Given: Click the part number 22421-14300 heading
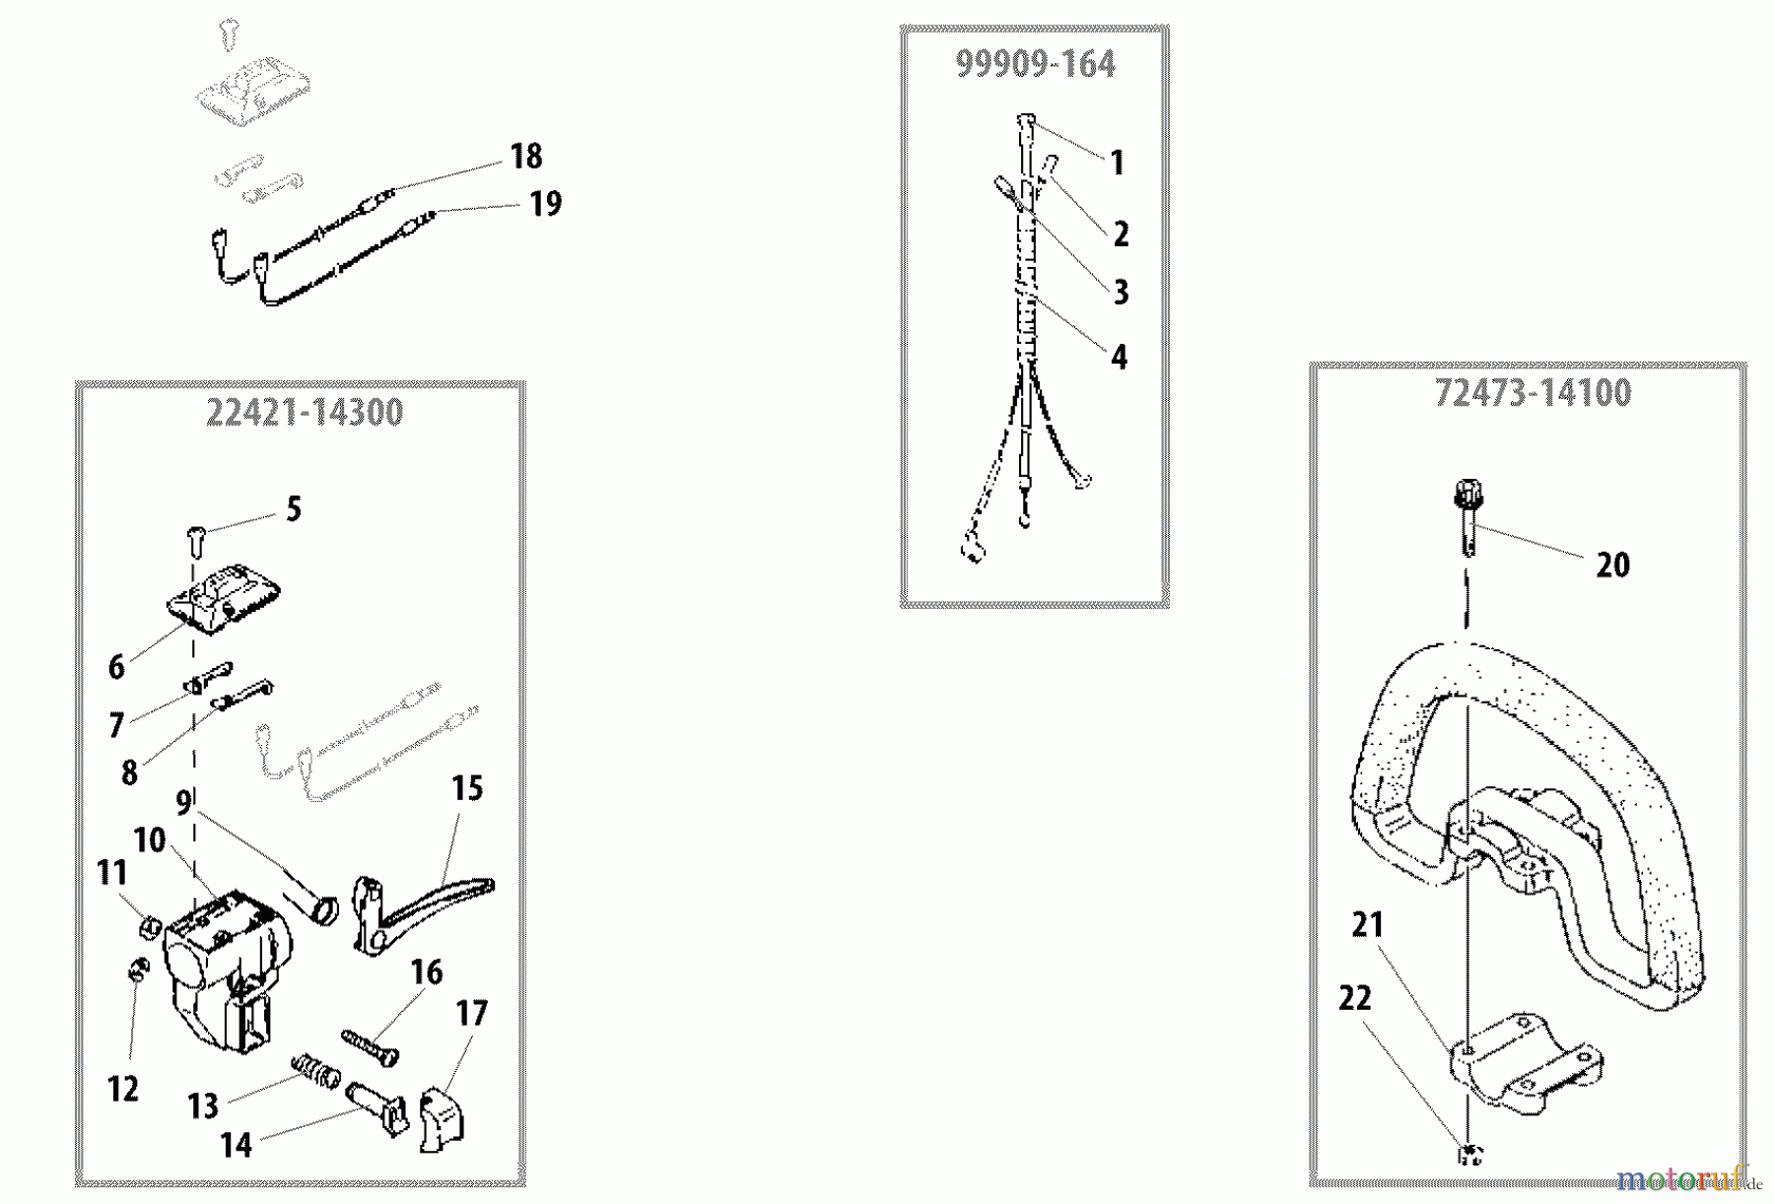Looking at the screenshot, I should pyautogui.click(x=305, y=413).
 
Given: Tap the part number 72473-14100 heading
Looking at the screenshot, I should pyautogui.click(x=1533, y=394).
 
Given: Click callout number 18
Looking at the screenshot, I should pyautogui.click(x=526, y=156).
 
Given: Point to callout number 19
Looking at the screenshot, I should pyautogui.click(x=545, y=204).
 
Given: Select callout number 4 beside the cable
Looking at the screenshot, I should pyautogui.click(x=1119, y=357).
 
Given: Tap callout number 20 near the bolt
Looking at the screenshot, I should pyautogui.click(x=1612, y=566).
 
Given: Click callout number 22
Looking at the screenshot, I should pyautogui.click(x=1355, y=999).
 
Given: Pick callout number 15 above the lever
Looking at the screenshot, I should pyautogui.click(x=467, y=788).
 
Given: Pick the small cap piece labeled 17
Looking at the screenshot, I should pyautogui.click(x=443, y=1115).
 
